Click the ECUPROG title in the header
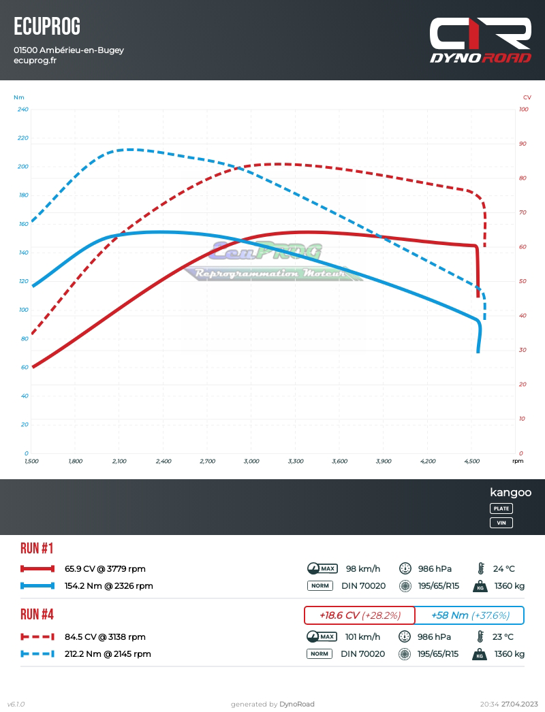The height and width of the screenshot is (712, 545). point(47,27)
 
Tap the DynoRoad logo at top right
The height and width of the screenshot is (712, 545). point(480,40)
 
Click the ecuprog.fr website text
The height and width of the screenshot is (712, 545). point(35,61)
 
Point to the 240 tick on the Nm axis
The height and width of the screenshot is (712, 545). point(23,110)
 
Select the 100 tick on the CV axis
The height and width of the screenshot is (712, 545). point(524,110)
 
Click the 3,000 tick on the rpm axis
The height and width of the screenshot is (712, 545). point(251,462)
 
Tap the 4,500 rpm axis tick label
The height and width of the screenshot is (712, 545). point(471,462)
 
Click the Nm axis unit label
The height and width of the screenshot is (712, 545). point(19,97)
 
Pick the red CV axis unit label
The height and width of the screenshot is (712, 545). point(527,97)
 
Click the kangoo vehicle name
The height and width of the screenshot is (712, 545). point(510,493)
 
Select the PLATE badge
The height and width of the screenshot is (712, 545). point(501,508)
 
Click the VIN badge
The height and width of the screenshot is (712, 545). point(501,523)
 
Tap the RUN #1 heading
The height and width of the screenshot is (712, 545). point(37,549)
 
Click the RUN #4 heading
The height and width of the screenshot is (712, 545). point(37,615)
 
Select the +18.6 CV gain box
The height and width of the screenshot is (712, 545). point(359,615)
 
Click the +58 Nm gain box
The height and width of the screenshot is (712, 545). point(470,615)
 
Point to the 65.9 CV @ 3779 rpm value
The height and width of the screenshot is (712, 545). point(105,569)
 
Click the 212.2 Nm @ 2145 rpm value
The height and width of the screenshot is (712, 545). point(108,654)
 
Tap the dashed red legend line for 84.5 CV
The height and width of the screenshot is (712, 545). point(37,637)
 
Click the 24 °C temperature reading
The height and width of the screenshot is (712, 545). point(503,569)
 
